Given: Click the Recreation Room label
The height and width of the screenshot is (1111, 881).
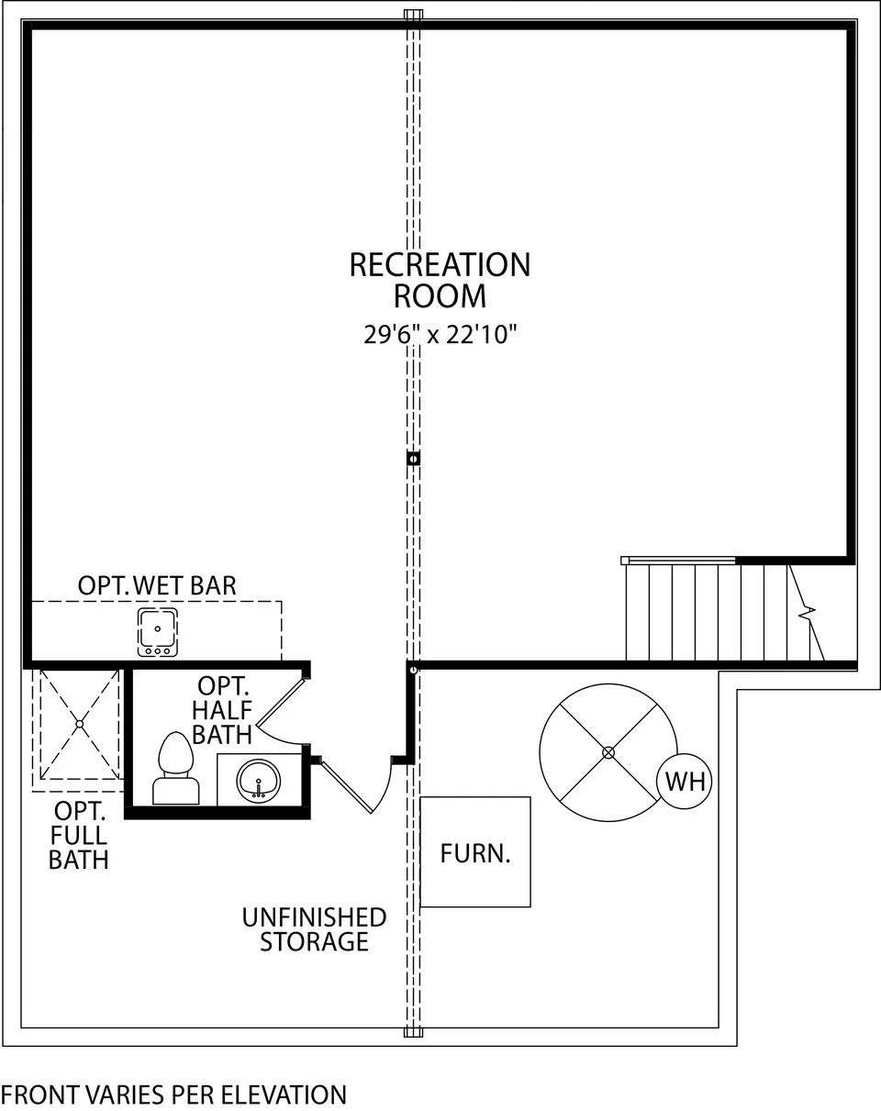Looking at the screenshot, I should [440, 280].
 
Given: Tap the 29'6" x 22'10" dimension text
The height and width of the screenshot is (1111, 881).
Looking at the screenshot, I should [440, 335].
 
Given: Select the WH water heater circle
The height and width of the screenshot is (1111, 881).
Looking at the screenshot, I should [686, 782].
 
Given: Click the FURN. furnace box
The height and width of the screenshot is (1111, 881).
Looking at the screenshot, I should [475, 852].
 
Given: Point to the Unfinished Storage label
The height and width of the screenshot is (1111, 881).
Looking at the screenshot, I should [314, 929].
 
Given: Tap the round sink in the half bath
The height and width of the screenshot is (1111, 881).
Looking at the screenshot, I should [260, 781].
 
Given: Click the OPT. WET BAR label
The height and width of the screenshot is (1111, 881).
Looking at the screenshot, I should [157, 585].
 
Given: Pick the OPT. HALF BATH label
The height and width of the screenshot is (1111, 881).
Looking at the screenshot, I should [221, 711].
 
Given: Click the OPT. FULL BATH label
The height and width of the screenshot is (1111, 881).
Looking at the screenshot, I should [79, 835].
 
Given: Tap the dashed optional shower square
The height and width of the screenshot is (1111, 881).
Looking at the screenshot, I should [79, 724].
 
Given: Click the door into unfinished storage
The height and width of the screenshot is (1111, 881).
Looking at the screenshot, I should [353, 784].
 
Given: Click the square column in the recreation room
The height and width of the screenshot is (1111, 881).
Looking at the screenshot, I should [413, 458].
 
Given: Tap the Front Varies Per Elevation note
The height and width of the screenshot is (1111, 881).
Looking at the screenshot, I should [173, 1094].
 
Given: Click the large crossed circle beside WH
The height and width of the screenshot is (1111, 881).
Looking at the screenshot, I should [608, 752].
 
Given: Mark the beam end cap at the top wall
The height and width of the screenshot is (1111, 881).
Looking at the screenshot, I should [413, 15].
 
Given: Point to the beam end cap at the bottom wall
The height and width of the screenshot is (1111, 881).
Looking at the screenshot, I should [413, 1032].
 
